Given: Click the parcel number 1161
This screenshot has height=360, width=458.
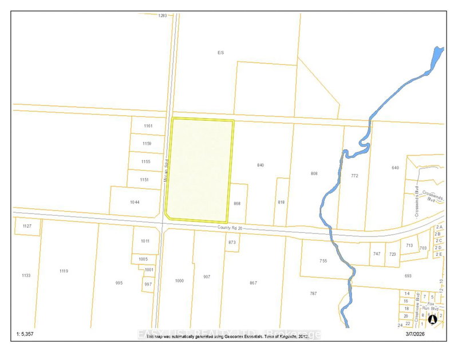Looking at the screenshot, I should click(148, 125).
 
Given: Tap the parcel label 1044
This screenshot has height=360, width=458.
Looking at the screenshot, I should click(135, 203).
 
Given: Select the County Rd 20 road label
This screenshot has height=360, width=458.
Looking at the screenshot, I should click(231, 228).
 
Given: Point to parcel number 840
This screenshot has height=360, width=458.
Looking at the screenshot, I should click(260, 165).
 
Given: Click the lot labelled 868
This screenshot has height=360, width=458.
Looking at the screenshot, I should click(238, 203).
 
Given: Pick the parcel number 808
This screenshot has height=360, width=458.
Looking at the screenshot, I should click(314, 173).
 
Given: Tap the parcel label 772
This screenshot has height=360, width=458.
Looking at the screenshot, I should click(354, 176).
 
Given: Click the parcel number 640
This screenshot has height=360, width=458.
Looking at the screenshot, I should click(395, 168).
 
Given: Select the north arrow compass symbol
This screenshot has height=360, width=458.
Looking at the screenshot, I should click(433, 319).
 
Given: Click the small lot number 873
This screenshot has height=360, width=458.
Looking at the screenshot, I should click(232, 243).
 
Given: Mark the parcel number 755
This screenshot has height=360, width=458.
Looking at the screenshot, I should click(323, 261).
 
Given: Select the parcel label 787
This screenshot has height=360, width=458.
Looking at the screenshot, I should click(313, 294).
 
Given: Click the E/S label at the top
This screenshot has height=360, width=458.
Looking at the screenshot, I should click(220, 52).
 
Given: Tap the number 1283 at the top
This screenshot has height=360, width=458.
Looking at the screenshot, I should click(163, 16).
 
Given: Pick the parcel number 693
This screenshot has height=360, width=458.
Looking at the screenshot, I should click(408, 276).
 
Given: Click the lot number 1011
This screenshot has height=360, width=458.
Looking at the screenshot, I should click(145, 241).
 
